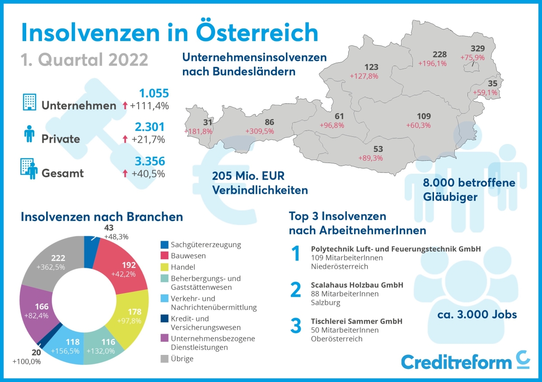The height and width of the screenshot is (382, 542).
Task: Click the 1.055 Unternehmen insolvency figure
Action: [x=154, y=93]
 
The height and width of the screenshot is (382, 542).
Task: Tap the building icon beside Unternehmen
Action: [x=29, y=102]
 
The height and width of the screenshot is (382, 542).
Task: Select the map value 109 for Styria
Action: [x=418, y=116]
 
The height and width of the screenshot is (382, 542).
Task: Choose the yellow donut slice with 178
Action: [x=131, y=316]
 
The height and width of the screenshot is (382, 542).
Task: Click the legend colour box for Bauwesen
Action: [x=165, y=256]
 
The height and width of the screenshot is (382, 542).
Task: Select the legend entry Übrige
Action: [x=182, y=359]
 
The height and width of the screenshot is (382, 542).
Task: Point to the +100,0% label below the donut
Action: [x=27, y=362]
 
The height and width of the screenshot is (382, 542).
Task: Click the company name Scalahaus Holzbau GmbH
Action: [x=357, y=285]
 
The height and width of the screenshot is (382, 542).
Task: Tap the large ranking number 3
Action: [x=295, y=326]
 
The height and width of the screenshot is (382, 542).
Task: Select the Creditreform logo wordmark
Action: [x=456, y=362]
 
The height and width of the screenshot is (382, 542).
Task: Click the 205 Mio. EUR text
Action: [x=248, y=176]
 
